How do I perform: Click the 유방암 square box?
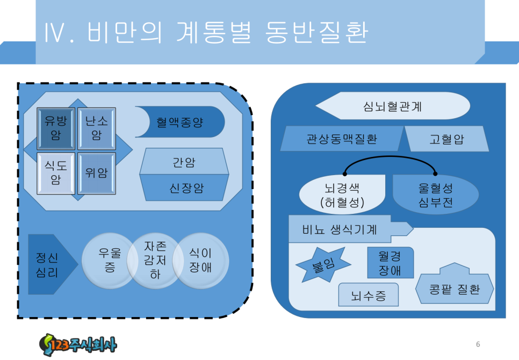point(56,128)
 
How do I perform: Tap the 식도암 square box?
point(56,173)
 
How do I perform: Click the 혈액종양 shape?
point(181,122)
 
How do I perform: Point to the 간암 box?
point(184,162)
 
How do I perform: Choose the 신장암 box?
point(184,188)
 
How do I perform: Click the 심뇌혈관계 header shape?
point(393,106)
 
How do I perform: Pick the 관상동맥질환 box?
point(342,139)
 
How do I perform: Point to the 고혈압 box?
point(446,139)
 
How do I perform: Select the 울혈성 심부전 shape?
point(436,195)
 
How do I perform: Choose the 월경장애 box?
point(391,263)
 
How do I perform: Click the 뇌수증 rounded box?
point(369,295)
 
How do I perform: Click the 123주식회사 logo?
point(78,345)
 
